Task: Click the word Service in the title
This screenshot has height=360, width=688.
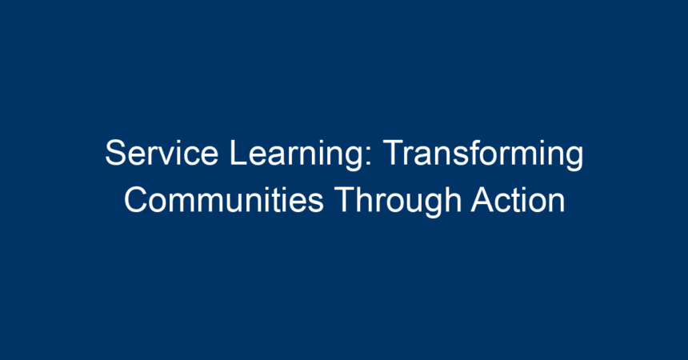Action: (162, 153)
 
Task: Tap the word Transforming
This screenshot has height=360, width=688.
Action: (483, 154)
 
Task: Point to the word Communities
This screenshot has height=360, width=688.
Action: (224, 200)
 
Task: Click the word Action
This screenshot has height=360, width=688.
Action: (518, 200)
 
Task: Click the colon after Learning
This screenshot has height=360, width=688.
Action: (368, 157)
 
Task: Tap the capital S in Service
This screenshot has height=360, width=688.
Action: (115, 153)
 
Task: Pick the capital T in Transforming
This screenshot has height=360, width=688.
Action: (394, 153)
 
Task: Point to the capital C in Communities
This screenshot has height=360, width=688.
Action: (136, 200)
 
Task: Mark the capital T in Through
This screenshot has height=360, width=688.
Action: (345, 200)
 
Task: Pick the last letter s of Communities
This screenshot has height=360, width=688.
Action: (315, 204)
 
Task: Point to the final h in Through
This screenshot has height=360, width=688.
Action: (454, 200)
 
